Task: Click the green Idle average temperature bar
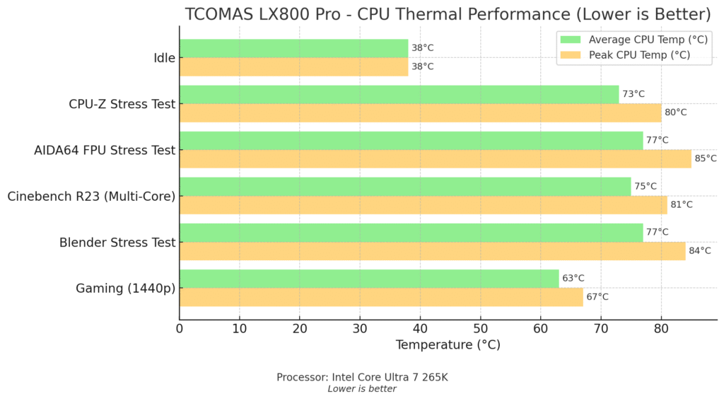pos(293,48)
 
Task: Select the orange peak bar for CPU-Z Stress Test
pos(420,112)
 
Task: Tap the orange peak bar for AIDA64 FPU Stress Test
pos(435,158)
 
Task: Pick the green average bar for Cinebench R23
pos(404,186)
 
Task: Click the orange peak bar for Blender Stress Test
pos(432,250)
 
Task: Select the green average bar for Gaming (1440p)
pos(368,278)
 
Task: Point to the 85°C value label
pos(705,158)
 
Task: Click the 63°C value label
pos(573,278)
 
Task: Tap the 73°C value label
pos(633,94)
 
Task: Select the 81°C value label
pos(681,204)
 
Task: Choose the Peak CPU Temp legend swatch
pos(570,54)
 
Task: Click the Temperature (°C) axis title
pos(448,345)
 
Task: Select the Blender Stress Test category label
pos(117,242)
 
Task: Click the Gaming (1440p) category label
pos(125,288)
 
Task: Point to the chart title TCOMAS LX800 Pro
pos(448,14)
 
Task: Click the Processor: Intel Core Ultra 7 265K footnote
pos(362,377)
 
